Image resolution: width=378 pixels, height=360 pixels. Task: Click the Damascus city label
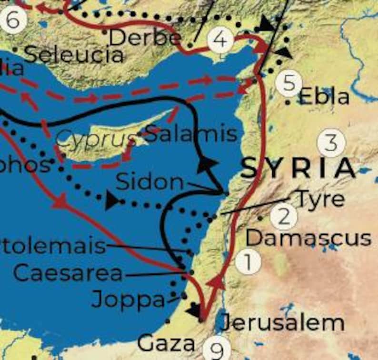(308, 238)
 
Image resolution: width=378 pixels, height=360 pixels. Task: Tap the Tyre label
(320, 199)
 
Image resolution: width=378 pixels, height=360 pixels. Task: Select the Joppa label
(128, 300)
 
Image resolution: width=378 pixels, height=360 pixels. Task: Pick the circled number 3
(331, 142)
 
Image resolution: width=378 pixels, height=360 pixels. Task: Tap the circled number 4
(220, 40)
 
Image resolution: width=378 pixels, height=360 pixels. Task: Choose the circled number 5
(288, 83)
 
